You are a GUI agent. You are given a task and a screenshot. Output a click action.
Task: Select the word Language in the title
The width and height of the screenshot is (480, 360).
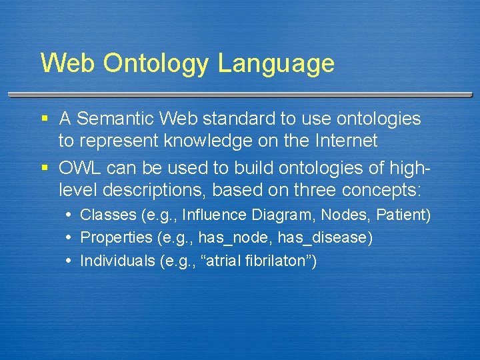click(276, 64)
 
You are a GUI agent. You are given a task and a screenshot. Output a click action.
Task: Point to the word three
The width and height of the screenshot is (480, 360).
click(313, 191)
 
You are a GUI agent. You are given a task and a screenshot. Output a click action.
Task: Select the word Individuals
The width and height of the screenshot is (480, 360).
click(117, 261)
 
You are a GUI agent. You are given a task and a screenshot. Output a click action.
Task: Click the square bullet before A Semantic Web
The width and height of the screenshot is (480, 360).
click(45, 119)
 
